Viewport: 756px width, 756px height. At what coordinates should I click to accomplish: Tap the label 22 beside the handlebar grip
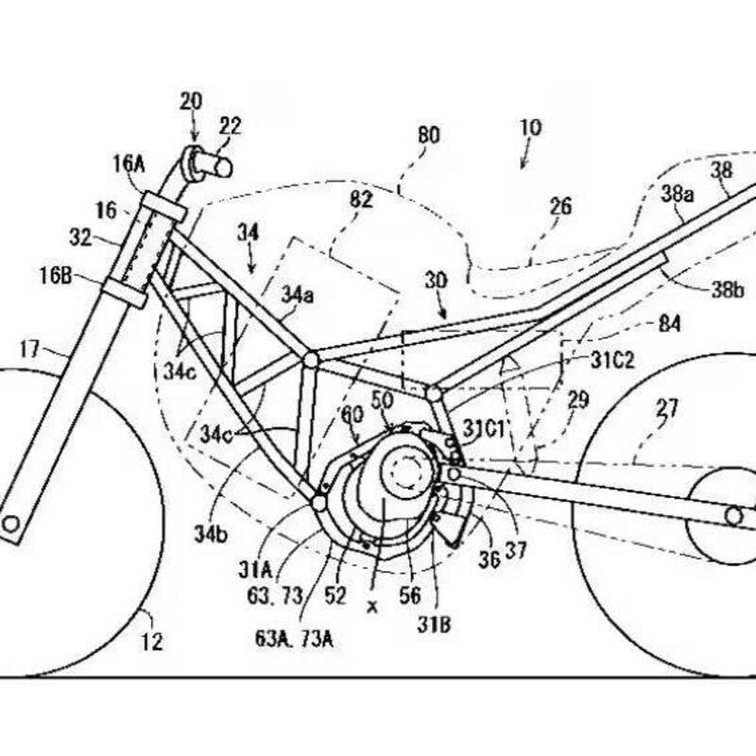click(x=230, y=125)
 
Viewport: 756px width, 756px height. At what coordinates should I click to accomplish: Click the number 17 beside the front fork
click(x=29, y=350)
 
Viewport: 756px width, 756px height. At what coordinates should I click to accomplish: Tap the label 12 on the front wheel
click(x=151, y=642)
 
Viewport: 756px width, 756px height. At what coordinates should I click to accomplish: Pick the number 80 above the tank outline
click(x=428, y=135)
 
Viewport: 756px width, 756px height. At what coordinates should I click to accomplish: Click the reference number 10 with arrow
click(x=530, y=128)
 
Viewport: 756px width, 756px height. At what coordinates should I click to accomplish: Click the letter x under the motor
click(x=371, y=607)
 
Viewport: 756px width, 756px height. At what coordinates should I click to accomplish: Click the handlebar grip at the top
click(x=213, y=164)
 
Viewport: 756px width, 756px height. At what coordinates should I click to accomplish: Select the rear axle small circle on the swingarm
click(x=733, y=516)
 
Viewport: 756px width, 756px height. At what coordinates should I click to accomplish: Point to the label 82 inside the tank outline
click(x=360, y=199)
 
